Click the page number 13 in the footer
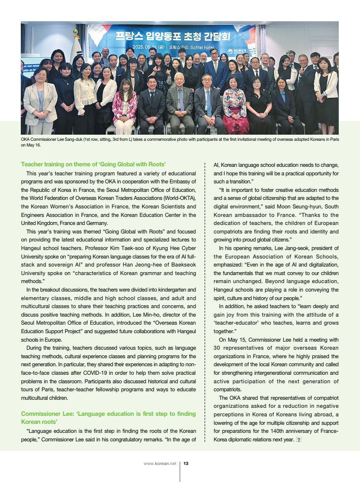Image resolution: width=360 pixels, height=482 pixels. point(186,464)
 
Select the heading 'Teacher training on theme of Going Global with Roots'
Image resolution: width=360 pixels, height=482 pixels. point(93,164)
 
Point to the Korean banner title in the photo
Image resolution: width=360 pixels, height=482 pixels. point(172,36)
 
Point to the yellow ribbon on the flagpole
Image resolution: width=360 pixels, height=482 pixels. point(76,34)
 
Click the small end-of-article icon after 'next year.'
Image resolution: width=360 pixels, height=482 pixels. point(298,440)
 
